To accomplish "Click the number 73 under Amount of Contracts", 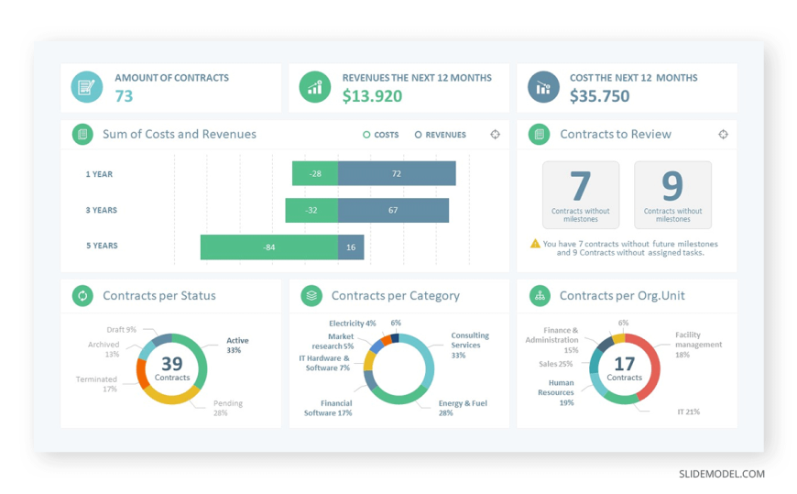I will [124, 96].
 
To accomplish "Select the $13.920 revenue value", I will [372, 96].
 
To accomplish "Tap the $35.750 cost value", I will [599, 96].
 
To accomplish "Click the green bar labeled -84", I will [268, 247].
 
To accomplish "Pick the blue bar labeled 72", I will [397, 173].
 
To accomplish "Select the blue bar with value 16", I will [351, 247].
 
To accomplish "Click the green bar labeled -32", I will [311, 210].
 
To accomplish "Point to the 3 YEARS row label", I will [101, 210].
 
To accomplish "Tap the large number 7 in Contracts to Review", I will [581, 186].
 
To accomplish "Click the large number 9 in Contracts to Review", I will [672, 186].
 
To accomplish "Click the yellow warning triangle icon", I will [535, 244].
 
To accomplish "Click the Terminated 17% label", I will [96, 384].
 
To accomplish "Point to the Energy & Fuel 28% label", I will [463, 408].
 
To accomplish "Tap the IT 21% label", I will [688, 412].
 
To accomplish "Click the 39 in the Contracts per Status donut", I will [172, 364].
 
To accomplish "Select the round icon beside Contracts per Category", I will [311, 295].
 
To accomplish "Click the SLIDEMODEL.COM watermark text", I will [721, 474].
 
